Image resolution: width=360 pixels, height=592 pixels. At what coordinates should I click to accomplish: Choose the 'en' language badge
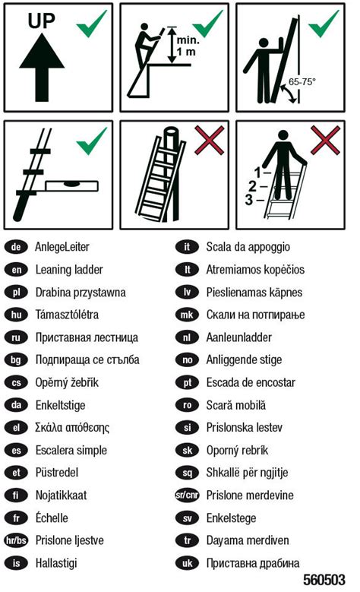click(17, 270)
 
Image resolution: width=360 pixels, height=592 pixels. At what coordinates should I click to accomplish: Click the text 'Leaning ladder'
click(69, 270)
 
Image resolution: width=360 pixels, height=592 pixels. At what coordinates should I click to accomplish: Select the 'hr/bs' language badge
click(17, 541)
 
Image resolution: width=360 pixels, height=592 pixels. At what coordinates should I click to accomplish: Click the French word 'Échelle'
click(52, 518)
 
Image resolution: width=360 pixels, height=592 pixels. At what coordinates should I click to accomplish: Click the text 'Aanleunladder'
click(238, 337)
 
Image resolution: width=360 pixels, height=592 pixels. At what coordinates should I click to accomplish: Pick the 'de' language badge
click(17, 247)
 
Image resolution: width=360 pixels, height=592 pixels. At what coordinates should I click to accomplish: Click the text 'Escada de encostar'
click(251, 382)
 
